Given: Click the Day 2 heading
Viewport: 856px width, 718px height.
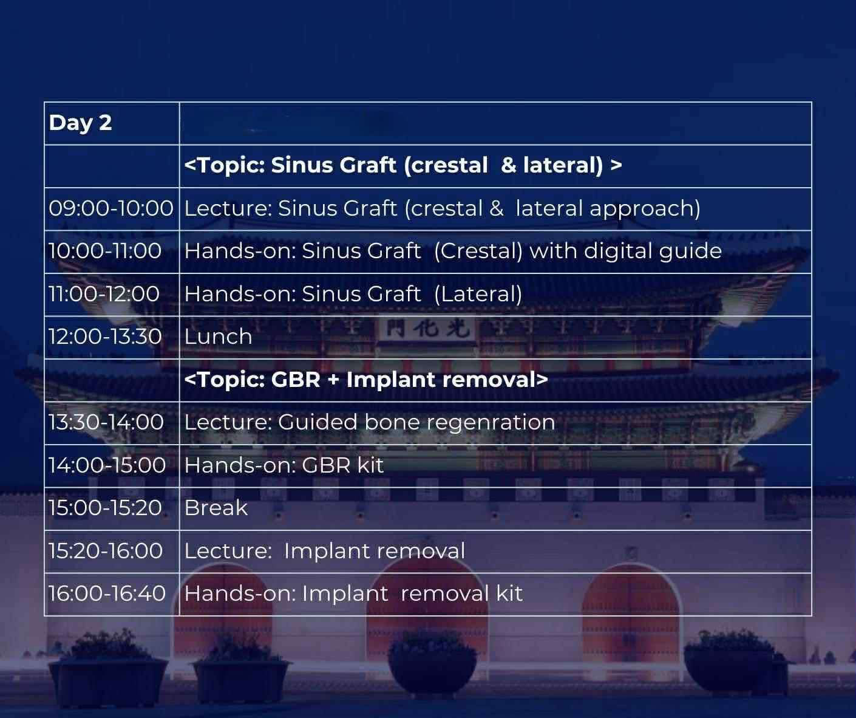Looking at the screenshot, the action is click(80, 123).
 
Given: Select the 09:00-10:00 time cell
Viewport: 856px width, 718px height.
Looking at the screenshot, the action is click(111, 208).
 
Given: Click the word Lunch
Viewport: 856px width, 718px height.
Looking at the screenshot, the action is click(218, 337).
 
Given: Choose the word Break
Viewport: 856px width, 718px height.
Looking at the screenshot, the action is click(216, 508).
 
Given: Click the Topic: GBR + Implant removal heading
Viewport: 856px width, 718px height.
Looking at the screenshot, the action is click(366, 380).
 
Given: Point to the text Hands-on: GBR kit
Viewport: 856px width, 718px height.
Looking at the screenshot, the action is click(284, 465).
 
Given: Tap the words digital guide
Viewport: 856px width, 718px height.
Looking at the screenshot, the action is click(653, 251).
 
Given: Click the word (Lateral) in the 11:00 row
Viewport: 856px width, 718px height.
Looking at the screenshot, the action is click(478, 294).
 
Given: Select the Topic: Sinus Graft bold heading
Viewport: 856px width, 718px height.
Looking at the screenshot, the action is click(403, 165).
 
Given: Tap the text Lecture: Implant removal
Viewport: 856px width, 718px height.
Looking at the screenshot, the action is click(325, 550).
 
